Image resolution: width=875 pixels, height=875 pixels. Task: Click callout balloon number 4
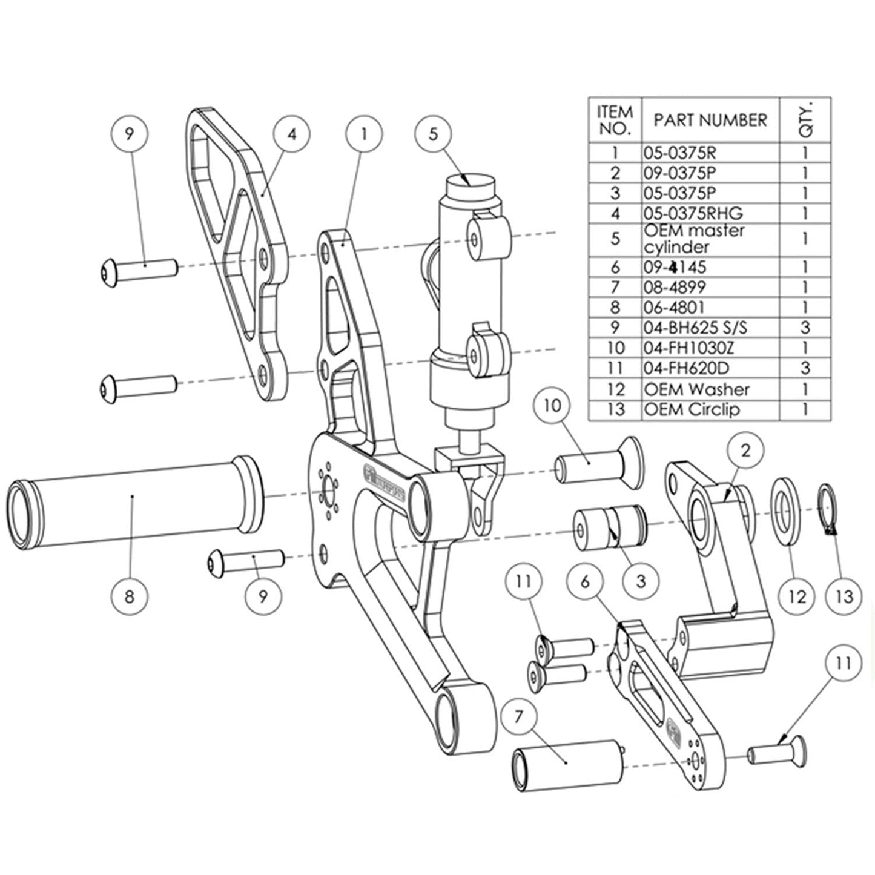(x=291, y=134)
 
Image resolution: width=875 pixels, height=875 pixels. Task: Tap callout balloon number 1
(x=364, y=134)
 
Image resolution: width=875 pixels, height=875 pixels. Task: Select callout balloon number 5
(x=433, y=134)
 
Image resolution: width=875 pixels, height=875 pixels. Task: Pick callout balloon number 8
(x=129, y=596)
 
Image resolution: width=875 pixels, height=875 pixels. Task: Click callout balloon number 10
(x=553, y=405)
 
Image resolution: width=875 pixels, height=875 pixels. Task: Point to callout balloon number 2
(x=745, y=450)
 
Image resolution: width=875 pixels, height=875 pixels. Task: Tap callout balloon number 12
(x=797, y=596)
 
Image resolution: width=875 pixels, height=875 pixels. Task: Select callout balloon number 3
(x=641, y=581)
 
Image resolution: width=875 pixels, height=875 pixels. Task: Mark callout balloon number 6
(x=584, y=581)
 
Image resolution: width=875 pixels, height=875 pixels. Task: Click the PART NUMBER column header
(x=710, y=120)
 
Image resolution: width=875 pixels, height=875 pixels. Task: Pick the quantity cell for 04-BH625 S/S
(x=805, y=328)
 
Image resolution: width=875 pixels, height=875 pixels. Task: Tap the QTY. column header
(x=805, y=120)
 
